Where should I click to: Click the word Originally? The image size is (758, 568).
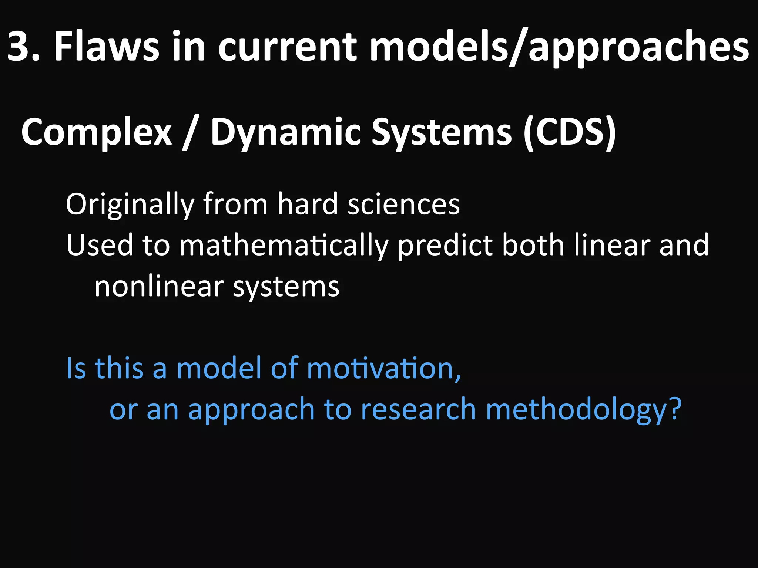click(130, 204)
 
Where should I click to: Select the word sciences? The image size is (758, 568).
click(403, 204)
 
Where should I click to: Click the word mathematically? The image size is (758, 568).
click(284, 245)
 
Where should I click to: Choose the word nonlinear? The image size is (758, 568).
click(159, 286)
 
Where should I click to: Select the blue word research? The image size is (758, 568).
click(418, 409)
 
